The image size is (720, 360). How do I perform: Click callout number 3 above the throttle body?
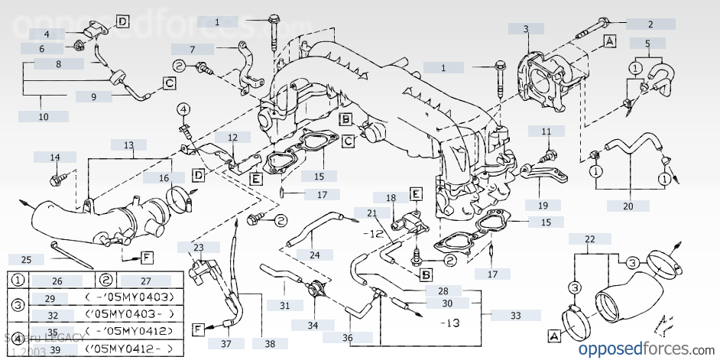[526, 29]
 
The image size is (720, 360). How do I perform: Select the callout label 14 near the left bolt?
[55, 157]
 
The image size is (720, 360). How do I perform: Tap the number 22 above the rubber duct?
[589, 239]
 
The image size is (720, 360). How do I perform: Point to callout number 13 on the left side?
[128, 144]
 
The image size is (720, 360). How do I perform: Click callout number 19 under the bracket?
[543, 205]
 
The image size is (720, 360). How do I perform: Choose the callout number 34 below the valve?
[313, 325]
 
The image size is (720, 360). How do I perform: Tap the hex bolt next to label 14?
[57, 181]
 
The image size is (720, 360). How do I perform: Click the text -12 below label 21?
[373, 233]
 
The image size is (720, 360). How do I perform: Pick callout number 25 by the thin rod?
[27, 259]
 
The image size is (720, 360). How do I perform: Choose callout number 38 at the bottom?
[271, 343]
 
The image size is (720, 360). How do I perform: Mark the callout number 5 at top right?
[647, 44]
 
